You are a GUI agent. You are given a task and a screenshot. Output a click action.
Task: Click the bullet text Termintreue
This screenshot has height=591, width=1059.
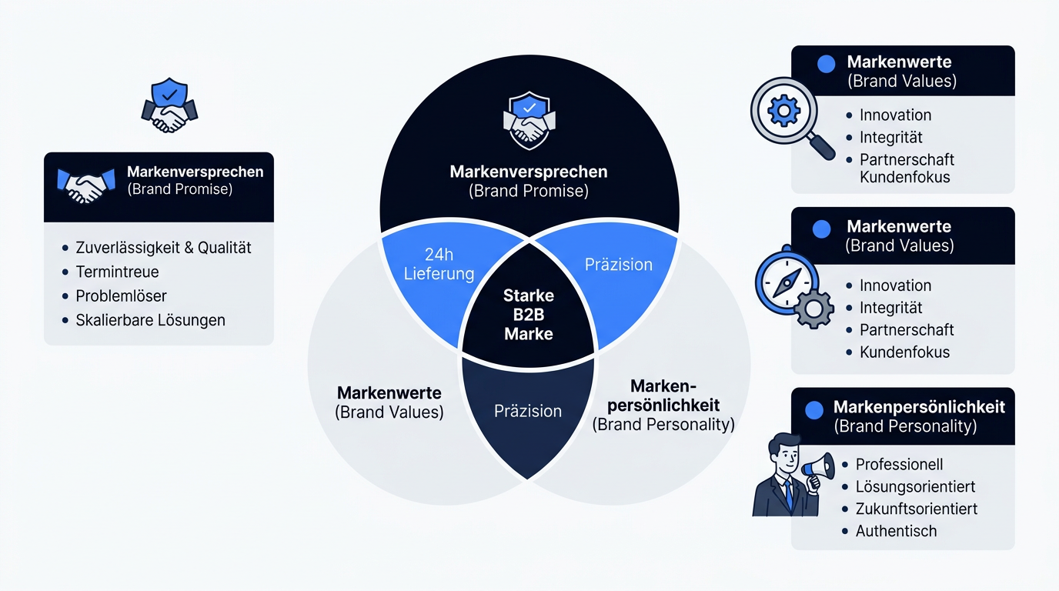pyautogui.click(x=117, y=272)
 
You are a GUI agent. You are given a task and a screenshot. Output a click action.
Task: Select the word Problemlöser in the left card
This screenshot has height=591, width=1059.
pyautogui.click(x=121, y=296)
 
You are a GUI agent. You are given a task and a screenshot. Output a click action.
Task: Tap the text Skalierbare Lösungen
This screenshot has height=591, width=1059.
pyautogui.click(x=150, y=320)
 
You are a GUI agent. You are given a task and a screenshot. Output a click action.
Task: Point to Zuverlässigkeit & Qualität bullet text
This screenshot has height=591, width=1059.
pyautogui.click(x=164, y=248)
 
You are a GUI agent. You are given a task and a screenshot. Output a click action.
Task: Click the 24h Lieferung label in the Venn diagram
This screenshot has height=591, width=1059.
pyautogui.click(x=439, y=264)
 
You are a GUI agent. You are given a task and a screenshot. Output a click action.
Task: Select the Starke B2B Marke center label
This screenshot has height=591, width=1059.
pyautogui.click(x=529, y=315)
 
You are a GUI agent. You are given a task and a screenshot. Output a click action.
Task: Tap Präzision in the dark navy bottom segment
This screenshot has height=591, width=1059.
pyautogui.click(x=528, y=411)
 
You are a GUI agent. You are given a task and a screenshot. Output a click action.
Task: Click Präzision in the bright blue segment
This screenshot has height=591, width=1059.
pyautogui.click(x=618, y=264)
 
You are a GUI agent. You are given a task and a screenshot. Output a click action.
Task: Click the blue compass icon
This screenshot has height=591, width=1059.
pyautogui.click(x=787, y=282)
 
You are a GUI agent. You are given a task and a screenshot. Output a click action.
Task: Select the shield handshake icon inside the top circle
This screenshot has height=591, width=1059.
pyautogui.click(x=529, y=120)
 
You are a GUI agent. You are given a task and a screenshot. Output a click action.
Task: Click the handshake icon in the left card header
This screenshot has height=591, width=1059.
pyautogui.click(x=86, y=185)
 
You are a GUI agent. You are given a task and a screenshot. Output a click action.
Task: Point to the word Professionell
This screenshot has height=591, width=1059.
pyautogui.click(x=899, y=464)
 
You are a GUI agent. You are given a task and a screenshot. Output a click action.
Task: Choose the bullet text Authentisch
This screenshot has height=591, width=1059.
pyautogui.click(x=896, y=531)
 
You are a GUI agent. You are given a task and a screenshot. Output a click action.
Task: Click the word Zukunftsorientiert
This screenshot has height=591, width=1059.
pyautogui.click(x=916, y=509)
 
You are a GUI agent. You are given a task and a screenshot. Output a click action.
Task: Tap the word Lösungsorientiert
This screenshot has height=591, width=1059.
pyautogui.click(x=915, y=486)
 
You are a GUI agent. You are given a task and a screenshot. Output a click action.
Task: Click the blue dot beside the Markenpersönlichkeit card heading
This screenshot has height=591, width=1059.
pyautogui.click(x=814, y=410)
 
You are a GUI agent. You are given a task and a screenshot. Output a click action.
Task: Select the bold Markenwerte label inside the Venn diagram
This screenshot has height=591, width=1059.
pyautogui.click(x=389, y=393)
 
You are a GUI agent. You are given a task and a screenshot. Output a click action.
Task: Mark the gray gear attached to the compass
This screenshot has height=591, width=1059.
pyautogui.click(x=813, y=309)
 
